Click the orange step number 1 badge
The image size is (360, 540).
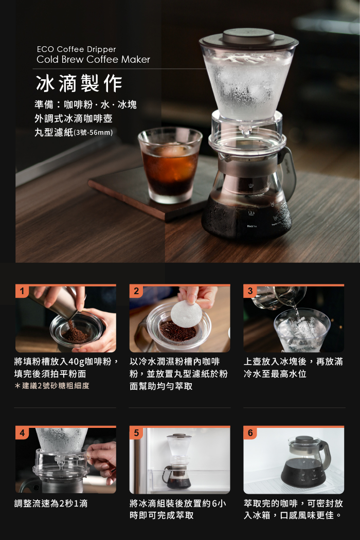tap(22, 292)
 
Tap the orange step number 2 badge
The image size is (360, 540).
tap(136, 292)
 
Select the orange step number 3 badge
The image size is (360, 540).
tap(250, 292)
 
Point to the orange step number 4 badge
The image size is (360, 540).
tap(22, 433)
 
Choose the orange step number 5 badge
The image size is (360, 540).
tap(136, 433)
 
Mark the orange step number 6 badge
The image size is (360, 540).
tap(250, 433)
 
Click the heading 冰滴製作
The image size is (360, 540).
tap(79, 84)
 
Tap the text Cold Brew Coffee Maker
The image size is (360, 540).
tap(94, 60)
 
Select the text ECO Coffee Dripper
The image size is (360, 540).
tap(77, 49)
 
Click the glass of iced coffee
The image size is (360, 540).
tap(170, 165)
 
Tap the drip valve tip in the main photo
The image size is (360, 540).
tap(246, 131)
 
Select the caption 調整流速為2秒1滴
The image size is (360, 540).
tap(51, 503)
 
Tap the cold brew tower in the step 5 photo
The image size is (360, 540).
tap(178, 461)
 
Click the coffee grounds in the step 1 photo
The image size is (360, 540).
tap(76, 332)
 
